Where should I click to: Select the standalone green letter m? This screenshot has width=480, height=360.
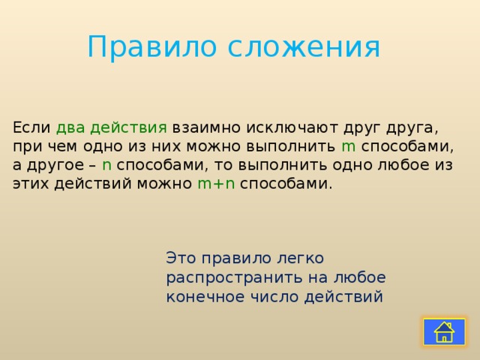[x=348, y=146]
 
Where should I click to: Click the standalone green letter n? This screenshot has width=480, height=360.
[x=107, y=165]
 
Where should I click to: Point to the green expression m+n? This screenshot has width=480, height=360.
[x=216, y=184]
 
